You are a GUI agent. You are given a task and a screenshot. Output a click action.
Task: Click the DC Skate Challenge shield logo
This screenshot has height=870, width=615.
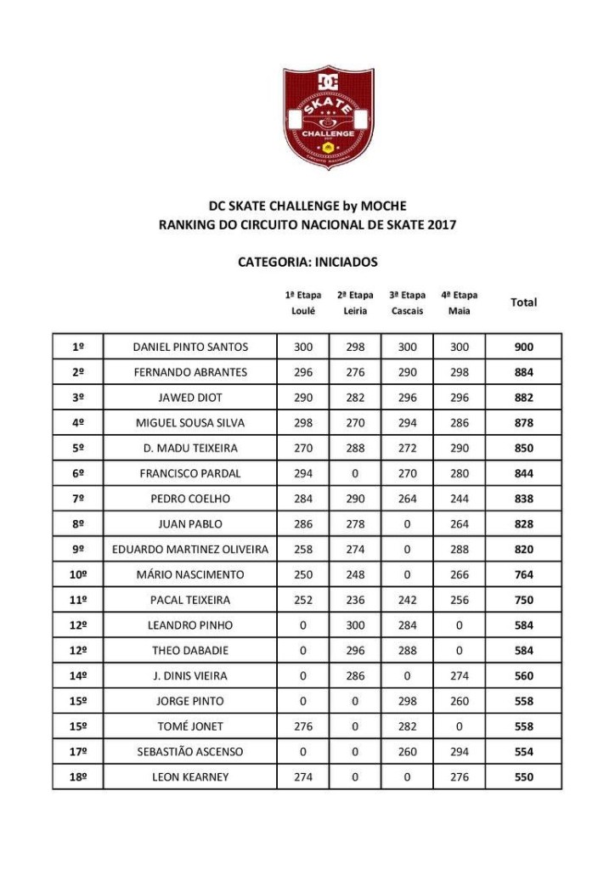click(328, 118)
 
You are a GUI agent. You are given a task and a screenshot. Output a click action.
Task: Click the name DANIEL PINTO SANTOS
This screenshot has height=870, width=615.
click(190, 347)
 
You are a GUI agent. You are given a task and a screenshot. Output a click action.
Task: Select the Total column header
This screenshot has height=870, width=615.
click(523, 302)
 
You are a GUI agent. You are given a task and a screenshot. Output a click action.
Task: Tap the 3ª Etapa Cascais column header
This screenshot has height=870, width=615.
click(407, 302)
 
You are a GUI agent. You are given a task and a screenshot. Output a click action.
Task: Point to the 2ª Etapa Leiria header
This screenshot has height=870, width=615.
click(355, 302)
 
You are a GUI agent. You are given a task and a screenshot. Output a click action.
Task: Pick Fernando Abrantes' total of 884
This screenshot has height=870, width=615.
click(523, 372)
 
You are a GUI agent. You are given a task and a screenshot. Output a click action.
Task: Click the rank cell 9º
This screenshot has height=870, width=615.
click(77, 549)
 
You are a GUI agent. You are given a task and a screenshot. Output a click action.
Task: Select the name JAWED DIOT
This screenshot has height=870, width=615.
click(190, 398)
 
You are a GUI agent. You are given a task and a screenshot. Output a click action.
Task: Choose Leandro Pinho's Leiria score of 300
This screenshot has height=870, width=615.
click(355, 625)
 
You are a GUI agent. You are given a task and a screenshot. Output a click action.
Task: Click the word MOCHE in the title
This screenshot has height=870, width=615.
click(384, 206)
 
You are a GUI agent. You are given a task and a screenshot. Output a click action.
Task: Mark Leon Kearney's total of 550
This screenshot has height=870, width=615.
click(523, 777)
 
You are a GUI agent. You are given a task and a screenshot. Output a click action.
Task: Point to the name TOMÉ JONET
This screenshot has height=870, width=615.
click(190, 726)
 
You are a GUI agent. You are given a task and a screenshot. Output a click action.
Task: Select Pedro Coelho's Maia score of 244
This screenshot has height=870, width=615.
click(459, 499)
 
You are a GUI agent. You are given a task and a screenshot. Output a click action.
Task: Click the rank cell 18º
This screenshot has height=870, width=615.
click(77, 777)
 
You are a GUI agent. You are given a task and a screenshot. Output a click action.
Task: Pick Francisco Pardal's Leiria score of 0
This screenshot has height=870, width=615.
click(355, 473)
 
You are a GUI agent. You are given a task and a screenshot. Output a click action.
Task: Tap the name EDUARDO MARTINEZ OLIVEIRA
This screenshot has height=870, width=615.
click(190, 549)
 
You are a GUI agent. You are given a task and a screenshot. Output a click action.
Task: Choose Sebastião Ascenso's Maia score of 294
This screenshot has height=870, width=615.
click(459, 752)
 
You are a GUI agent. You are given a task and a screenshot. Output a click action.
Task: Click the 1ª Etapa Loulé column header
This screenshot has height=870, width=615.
click(303, 302)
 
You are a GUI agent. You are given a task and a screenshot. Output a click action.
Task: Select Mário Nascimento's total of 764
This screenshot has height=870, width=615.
click(523, 574)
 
